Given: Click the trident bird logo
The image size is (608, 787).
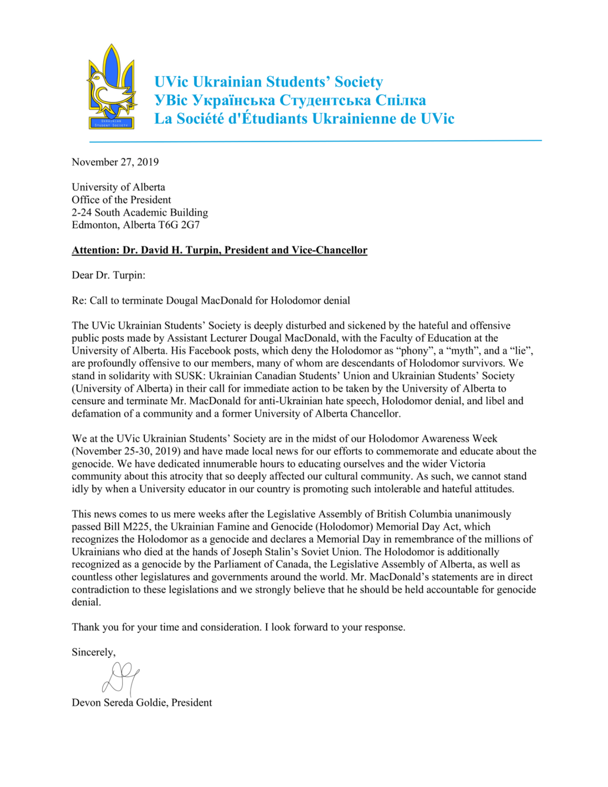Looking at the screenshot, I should pos(111,87).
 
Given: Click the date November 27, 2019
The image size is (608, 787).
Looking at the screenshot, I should pos(115,162).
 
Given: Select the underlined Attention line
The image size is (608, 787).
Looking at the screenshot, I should pos(219,250).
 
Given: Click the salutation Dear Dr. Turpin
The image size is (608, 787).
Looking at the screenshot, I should pos(109,275).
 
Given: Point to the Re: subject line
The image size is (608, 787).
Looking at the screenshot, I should pos(211,301).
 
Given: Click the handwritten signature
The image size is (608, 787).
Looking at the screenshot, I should pos(121,677).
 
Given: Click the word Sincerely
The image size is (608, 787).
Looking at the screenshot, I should pos(93,652).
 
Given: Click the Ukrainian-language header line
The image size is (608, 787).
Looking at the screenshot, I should pos(290,100).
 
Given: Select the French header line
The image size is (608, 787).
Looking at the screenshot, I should pos(304,119).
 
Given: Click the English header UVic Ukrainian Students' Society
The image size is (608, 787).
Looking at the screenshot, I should pos(268,82).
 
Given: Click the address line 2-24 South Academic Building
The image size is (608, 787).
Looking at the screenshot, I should pos(140,212).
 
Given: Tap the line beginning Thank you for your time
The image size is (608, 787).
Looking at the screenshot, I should pos(238,628).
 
